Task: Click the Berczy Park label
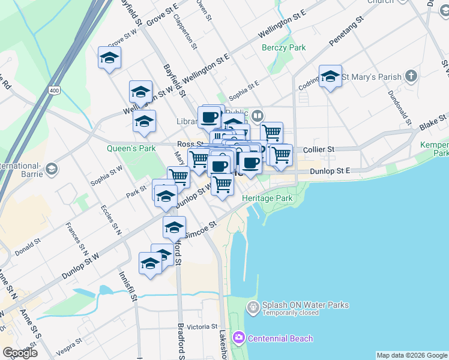pyautogui.click(x=284, y=47)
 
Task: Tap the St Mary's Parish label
pyautogui.click(x=371, y=77)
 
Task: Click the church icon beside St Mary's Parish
pyautogui.click(x=411, y=76)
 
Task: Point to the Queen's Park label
pyautogui.click(x=131, y=148)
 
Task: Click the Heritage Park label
pyautogui.click(x=267, y=198)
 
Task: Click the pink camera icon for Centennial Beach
pyautogui.click(x=240, y=338)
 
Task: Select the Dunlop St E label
pyautogui.click(x=330, y=171)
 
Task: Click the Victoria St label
pyautogui.click(x=202, y=327)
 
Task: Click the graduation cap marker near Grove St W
pyautogui.click(x=110, y=58)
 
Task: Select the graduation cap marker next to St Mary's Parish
pyautogui.click(x=330, y=76)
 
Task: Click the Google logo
pyautogui.click(x=20, y=352)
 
